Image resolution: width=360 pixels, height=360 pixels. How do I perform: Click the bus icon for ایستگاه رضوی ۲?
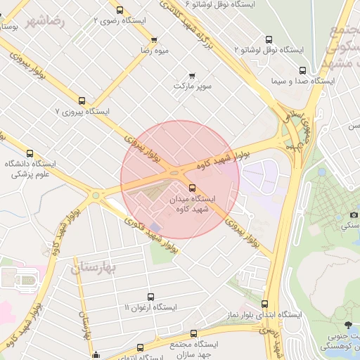coord(120,11)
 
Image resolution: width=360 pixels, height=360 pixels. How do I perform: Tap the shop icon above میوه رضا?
coord(154,39)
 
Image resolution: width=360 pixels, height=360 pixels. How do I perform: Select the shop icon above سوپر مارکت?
coord(193,75)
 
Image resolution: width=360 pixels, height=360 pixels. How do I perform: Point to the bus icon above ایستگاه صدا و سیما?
coord(302,70)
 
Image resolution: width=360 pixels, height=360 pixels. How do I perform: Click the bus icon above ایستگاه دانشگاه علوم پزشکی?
coord(30,153)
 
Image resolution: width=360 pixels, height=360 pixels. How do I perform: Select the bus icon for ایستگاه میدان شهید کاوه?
coord(193,187)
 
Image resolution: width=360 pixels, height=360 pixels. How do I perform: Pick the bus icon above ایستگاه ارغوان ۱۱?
coord(150,297)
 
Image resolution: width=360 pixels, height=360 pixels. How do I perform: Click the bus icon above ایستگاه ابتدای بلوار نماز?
coord(264,304)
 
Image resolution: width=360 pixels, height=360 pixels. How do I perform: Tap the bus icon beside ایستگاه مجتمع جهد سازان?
coord(140,347)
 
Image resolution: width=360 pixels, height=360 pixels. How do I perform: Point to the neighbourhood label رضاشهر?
coord(45,20)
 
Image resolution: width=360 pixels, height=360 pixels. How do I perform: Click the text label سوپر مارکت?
coord(193,86)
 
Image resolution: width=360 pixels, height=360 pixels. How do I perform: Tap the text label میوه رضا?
coord(153,51)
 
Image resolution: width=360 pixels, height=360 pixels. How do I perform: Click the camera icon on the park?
coord(354,214)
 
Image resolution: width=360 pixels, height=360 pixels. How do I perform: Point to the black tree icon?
coord(349,324)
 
